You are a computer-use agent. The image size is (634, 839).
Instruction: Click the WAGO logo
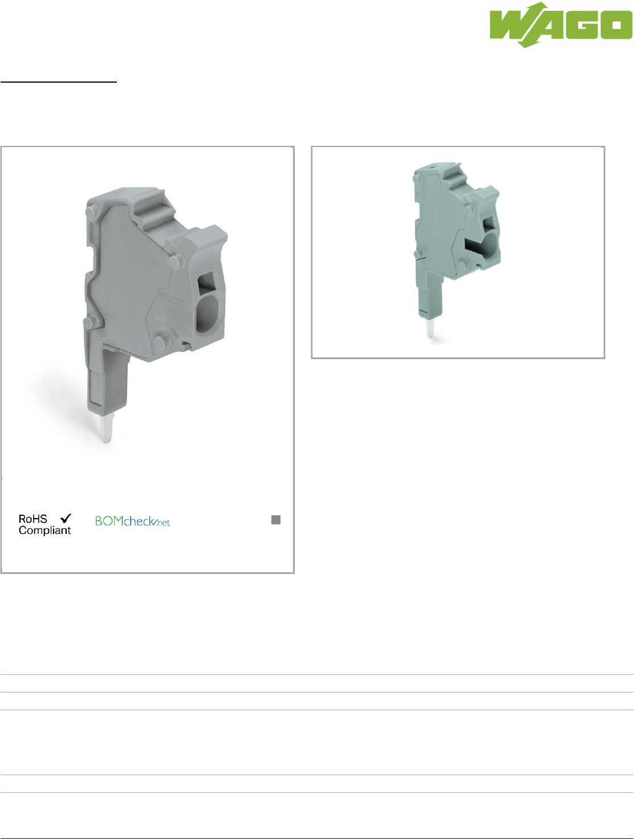point(560,25)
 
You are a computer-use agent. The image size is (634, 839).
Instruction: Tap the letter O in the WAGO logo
point(616,25)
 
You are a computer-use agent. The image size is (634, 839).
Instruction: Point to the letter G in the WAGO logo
point(582,25)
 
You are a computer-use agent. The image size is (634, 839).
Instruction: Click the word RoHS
point(33,519)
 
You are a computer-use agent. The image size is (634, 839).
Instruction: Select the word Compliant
point(44,531)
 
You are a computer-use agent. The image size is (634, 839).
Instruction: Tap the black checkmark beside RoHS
point(66,518)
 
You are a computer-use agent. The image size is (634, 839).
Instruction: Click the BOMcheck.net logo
point(132,521)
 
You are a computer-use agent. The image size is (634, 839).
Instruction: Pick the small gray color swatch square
point(276,520)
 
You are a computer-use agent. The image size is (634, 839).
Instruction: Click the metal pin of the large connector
point(106,427)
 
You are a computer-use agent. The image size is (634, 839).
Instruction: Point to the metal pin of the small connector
point(430,327)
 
